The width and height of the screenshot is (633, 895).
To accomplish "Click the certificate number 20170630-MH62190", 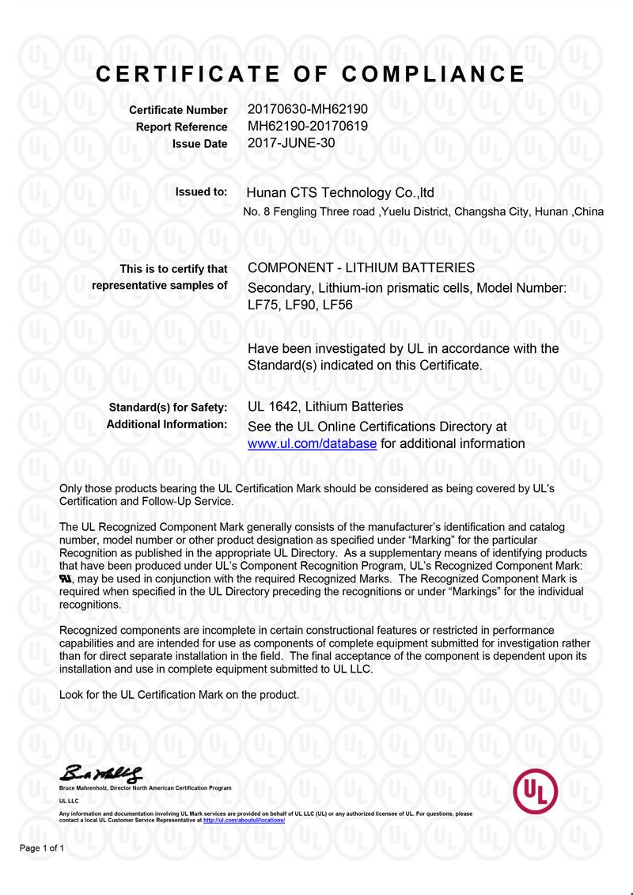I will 307,109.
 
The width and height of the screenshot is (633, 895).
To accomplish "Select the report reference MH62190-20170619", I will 307,126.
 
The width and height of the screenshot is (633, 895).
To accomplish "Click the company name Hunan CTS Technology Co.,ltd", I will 340,192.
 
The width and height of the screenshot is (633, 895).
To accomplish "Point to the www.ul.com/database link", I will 312,444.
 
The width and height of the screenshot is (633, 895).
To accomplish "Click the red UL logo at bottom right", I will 536,790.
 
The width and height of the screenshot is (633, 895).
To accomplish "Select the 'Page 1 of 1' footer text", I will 42,848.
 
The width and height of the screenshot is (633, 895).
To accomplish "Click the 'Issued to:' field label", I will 201,192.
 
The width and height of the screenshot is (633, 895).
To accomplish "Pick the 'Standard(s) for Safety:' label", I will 168,408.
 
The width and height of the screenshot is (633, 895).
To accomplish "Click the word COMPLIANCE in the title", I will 434,74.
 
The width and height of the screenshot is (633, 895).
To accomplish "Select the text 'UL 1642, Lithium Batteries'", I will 325,407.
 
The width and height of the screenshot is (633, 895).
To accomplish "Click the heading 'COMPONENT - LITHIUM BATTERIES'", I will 361,267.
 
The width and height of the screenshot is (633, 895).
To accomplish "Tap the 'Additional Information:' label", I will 166,424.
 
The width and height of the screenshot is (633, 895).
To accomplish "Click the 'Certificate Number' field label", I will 178,110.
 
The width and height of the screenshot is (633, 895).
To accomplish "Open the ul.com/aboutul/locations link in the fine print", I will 244,821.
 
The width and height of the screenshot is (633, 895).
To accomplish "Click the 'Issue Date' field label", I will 199,144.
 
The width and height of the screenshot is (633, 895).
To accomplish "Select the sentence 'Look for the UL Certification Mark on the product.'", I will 180,695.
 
